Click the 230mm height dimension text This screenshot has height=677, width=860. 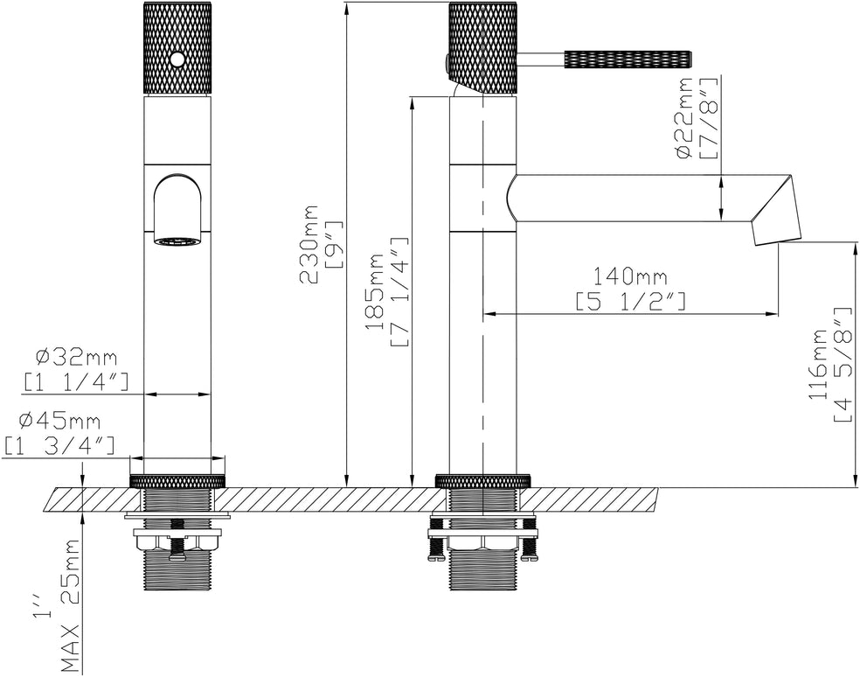click(309, 243)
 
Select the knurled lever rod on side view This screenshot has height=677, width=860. click(629, 59)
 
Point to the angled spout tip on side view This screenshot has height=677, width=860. click(777, 210)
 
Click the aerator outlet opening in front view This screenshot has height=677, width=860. click(177, 241)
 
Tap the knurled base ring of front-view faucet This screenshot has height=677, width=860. click(177, 482)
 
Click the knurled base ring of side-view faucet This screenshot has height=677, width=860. click(483, 481)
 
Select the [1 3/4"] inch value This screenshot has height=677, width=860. click(60, 445)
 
